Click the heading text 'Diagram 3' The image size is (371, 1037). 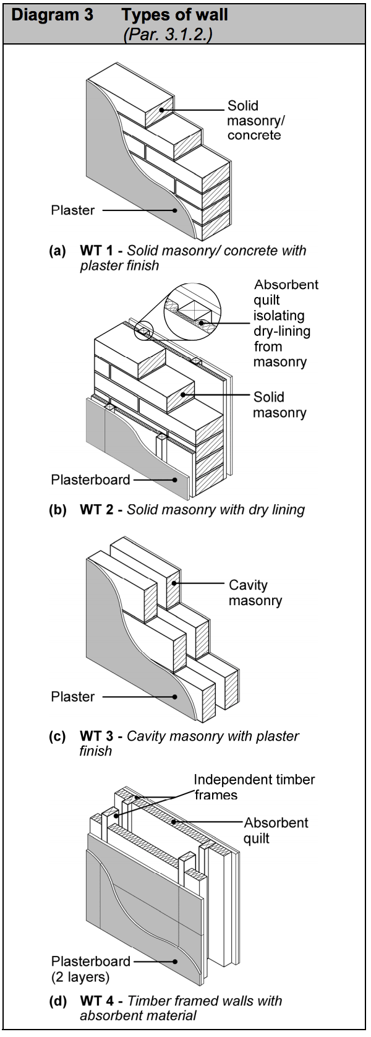tap(52, 15)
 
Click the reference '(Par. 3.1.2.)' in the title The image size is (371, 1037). tap(168, 34)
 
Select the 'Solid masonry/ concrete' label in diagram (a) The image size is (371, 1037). tap(255, 121)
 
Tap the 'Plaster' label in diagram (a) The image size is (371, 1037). tap(73, 210)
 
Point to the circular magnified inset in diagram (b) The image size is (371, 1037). tap(192, 312)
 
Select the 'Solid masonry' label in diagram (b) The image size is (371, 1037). tap(279, 405)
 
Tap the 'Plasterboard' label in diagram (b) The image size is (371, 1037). tap(90, 480)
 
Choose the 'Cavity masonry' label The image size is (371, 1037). tap(255, 593)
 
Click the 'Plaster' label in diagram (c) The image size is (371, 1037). tap(73, 697)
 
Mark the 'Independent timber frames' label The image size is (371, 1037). tap(254, 787)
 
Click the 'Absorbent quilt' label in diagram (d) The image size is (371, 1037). tap(275, 830)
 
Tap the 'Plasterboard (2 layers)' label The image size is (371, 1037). tap(90, 969)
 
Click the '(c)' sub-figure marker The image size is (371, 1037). tap(58, 736)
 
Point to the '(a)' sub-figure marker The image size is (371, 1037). tap(58, 251)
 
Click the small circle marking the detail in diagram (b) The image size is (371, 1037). tap(144, 332)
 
